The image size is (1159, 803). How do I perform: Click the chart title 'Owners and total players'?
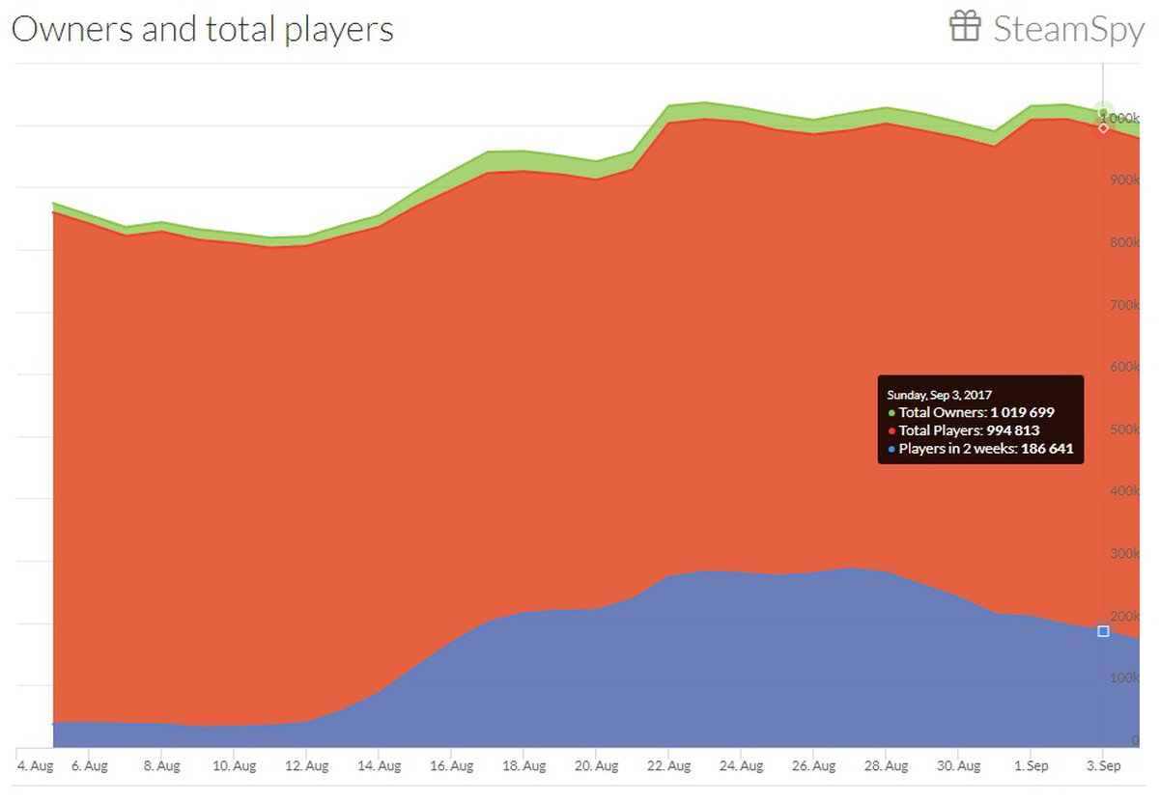click(x=202, y=29)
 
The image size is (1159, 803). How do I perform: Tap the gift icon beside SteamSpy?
click(x=965, y=27)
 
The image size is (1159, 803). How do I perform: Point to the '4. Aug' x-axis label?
click(x=35, y=766)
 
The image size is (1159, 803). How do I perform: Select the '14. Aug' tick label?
click(x=379, y=766)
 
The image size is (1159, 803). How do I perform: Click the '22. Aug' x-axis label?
click(x=668, y=766)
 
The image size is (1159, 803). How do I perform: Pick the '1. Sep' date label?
click(x=1031, y=766)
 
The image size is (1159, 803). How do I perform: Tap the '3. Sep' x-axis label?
click(x=1103, y=766)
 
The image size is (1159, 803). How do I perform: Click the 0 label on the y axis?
click(x=1136, y=740)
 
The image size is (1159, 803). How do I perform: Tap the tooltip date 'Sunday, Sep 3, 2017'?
click(x=939, y=395)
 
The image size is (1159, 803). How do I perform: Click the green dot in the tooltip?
click(x=891, y=413)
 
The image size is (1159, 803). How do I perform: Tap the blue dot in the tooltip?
click(x=891, y=450)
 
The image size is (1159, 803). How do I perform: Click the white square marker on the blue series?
click(x=1103, y=631)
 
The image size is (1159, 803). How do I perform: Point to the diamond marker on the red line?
click(x=1103, y=128)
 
